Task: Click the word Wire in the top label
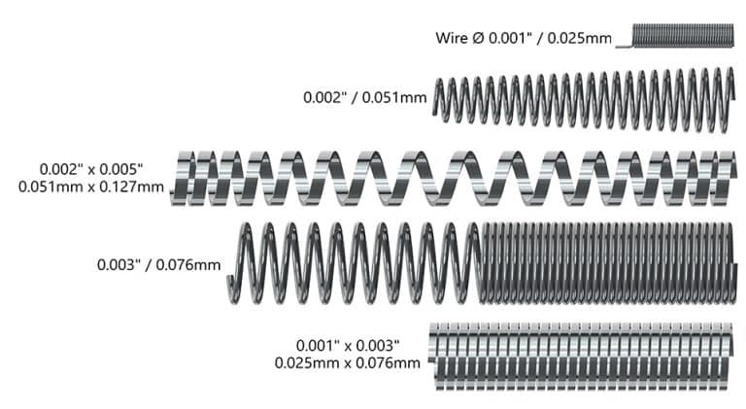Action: click(453, 39)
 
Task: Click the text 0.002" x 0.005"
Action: click(102, 167)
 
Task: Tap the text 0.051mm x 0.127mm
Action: click(90, 186)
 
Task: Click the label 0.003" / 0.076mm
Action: click(158, 263)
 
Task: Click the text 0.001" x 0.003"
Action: click(349, 345)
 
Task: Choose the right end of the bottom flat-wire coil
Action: click(730, 355)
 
